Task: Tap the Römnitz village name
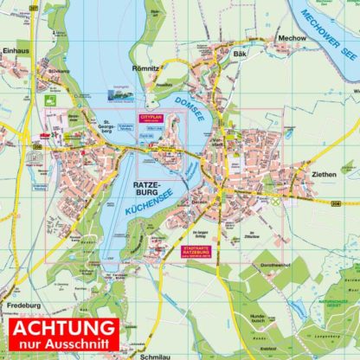coord(145,67)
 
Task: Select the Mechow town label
coord(292,38)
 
